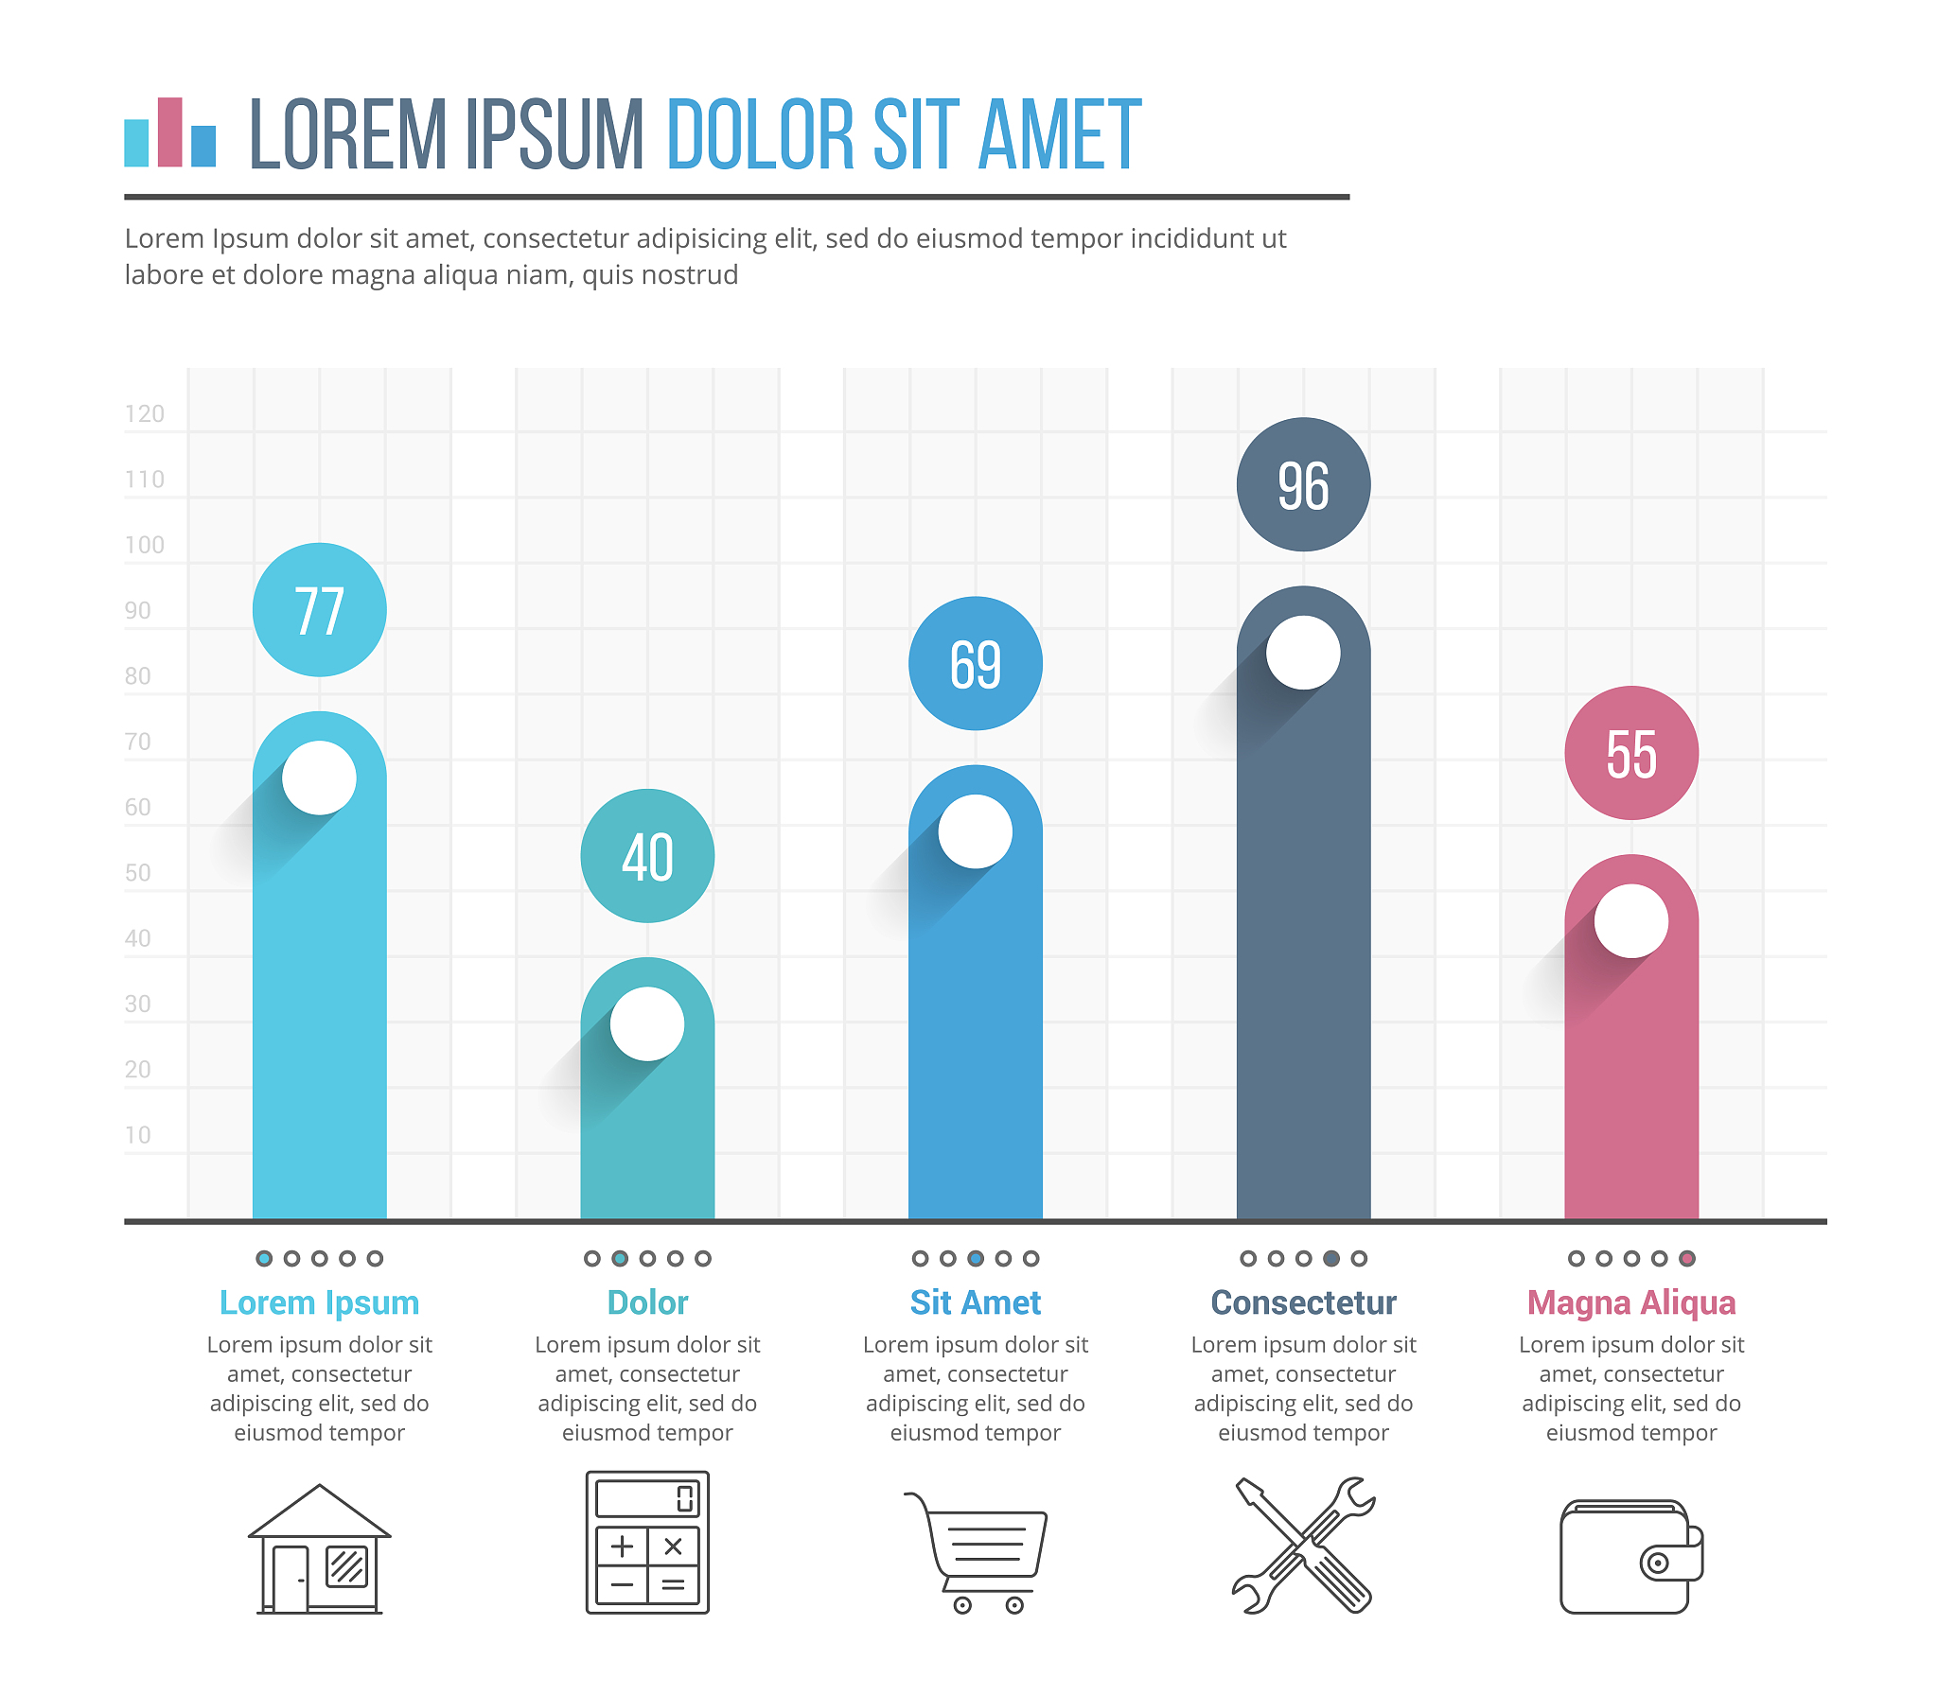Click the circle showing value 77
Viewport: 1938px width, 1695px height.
click(x=319, y=609)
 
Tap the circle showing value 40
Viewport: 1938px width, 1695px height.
click(x=647, y=856)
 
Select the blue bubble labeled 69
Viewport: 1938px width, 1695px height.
click(x=975, y=663)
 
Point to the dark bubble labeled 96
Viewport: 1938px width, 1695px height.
click(x=1303, y=484)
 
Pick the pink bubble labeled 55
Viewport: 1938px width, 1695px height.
click(x=1630, y=753)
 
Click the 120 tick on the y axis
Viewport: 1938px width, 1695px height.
click(x=145, y=413)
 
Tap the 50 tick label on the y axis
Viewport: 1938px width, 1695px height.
click(x=138, y=872)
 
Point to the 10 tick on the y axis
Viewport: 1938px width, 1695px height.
click(x=138, y=1135)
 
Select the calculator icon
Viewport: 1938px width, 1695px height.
click(x=647, y=1542)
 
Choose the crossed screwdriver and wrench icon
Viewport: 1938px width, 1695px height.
click(x=1303, y=1544)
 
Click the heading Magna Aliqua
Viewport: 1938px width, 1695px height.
click(x=1630, y=1302)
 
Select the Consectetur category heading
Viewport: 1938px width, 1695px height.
click(x=1303, y=1302)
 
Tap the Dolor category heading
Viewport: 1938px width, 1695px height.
click(x=647, y=1302)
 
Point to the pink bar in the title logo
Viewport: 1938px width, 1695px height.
click(x=170, y=131)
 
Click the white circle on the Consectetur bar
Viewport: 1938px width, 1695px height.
click(x=1303, y=653)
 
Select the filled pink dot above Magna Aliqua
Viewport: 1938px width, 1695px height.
click(x=1686, y=1258)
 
